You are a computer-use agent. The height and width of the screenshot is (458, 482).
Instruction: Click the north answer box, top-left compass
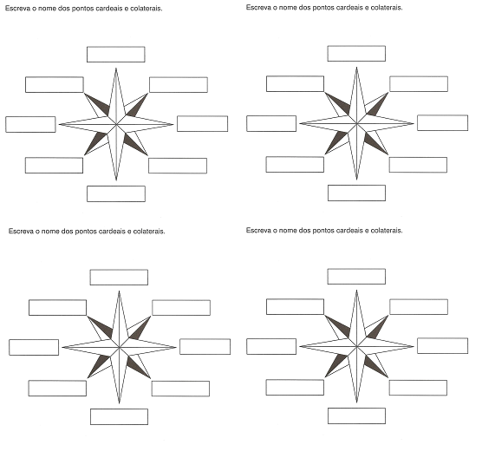pos(116,55)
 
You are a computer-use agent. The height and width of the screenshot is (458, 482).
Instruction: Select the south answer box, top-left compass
pos(116,193)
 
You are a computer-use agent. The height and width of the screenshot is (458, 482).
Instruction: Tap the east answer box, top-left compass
pos(202,124)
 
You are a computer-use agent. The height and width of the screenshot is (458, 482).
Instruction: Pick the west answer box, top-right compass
pos(271,123)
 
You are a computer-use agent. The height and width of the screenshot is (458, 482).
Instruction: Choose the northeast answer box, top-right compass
pos(419,83)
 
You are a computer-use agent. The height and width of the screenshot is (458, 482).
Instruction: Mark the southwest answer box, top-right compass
pos(295,164)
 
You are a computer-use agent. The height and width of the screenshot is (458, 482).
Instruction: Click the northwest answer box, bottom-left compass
pos(57,307)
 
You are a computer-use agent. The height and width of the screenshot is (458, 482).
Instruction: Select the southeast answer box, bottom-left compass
pos(180,389)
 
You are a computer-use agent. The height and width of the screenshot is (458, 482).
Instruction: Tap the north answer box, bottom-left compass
pos(119,277)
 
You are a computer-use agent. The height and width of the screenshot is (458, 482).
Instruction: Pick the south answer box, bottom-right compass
pos(356,415)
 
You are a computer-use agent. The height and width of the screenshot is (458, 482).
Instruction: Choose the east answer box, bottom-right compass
pos(442,345)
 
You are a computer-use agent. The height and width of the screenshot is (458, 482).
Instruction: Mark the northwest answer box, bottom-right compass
pos(295,306)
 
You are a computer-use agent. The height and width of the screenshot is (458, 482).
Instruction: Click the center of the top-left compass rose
pos(116,124)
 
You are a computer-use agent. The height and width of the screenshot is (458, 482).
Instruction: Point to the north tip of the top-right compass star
pos(356,67)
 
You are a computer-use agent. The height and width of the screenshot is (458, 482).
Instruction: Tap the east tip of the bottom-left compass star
pos(176,347)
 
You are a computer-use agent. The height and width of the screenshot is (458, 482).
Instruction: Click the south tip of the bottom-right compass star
pos(356,402)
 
